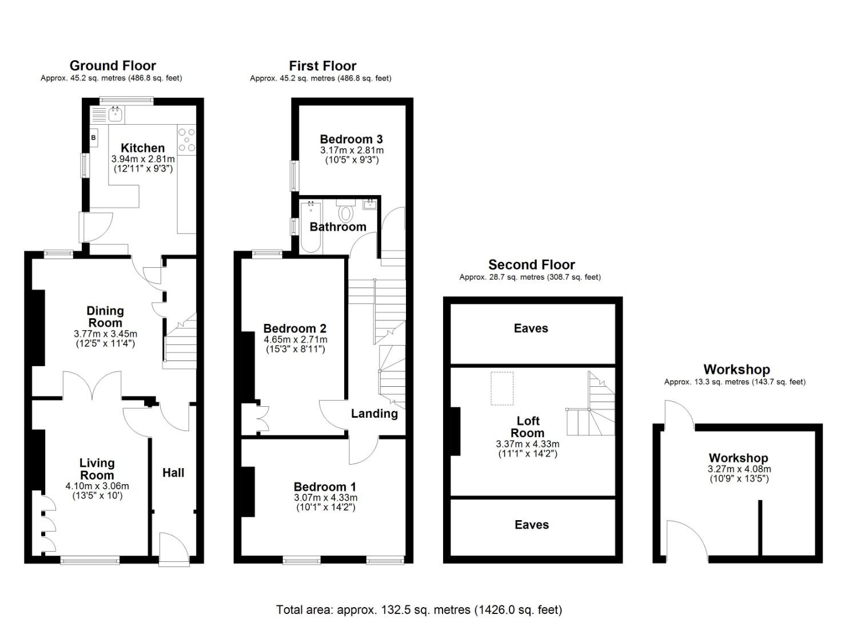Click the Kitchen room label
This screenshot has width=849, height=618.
[x=142, y=148]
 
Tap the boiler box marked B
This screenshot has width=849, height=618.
[x=93, y=138]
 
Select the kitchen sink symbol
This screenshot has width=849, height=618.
[x=115, y=114]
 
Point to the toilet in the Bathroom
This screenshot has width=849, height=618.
[x=345, y=213]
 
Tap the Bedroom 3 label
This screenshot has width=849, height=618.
[x=351, y=139]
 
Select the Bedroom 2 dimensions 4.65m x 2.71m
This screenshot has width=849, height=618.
[x=294, y=339]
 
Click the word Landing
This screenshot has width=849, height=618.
[x=374, y=413]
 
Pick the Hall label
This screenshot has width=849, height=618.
[x=173, y=473]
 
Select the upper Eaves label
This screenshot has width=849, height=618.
[x=531, y=328]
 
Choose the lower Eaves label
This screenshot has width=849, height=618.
[x=531, y=525]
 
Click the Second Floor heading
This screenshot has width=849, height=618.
[x=531, y=264]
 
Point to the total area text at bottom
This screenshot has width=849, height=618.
[x=419, y=609]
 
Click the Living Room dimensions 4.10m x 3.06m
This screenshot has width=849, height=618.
[x=97, y=486]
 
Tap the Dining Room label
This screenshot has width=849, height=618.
[x=105, y=316]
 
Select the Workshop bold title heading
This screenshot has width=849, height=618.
[x=736, y=369]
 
